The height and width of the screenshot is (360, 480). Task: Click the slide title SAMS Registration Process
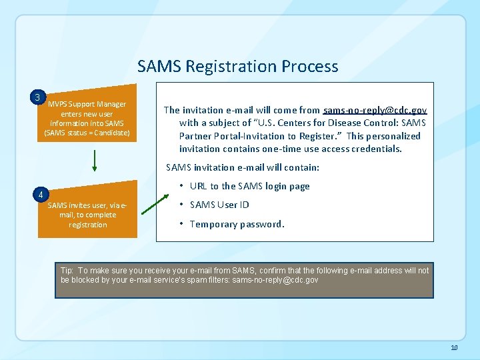tap(237, 67)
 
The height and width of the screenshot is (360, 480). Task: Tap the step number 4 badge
tap(41, 195)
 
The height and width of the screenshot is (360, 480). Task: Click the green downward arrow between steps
tap(95, 160)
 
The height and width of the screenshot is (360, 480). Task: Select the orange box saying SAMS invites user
tap(87, 215)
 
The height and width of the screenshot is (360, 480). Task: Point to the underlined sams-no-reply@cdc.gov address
tap(375, 110)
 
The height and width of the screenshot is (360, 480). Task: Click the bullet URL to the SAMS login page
tap(249, 186)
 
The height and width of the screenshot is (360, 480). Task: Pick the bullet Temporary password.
tap(237, 224)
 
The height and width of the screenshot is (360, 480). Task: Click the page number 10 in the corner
tap(454, 348)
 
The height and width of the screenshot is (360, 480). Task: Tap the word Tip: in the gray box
tap(67, 271)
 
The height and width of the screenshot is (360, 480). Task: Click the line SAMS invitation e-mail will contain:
tap(243, 167)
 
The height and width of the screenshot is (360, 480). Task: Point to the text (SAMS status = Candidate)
tap(87, 133)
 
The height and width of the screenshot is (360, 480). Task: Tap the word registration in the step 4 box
tap(87, 225)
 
